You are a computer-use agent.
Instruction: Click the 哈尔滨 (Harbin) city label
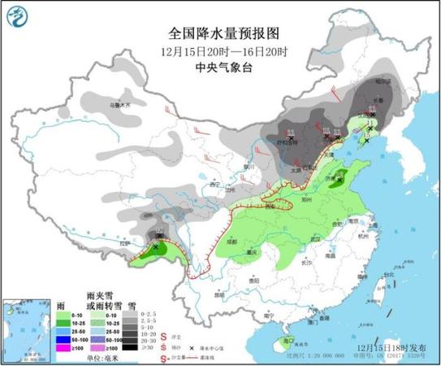393,81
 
